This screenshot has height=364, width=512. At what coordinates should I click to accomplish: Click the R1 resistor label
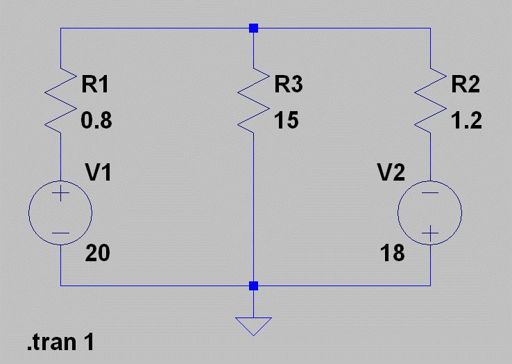[x=95, y=85]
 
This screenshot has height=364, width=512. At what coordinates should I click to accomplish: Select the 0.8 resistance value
[x=96, y=121]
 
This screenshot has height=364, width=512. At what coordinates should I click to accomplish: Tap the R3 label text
[x=289, y=85]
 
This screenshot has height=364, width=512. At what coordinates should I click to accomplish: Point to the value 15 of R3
[x=286, y=121]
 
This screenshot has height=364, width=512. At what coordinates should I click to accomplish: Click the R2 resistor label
[x=466, y=85]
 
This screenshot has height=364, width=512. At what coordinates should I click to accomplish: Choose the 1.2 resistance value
[x=466, y=121]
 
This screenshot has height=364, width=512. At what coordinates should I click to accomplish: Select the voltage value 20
[x=97, y=254]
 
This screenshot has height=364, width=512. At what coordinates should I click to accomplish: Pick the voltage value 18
[x=393, y=254]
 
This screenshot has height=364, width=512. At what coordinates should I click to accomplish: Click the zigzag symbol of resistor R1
[x=61, y=99]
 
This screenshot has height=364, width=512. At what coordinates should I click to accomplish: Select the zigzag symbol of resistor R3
[x=254, y=99]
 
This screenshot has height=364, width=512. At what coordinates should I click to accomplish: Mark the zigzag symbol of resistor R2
[x=430, y=99]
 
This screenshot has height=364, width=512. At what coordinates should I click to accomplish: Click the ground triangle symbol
[x=254, y=325]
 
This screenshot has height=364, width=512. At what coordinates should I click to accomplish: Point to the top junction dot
[x=254, y=28]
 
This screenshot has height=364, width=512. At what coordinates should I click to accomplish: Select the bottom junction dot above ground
[x=254, y=286]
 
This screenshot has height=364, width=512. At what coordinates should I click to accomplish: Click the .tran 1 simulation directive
[x=60, y=342]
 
